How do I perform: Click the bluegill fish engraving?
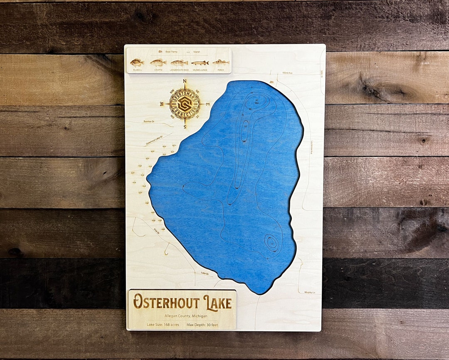point(137,62)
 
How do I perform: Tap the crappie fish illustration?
point(158,62)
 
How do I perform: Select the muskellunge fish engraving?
point(200,63)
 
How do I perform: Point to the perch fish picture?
point(221,62)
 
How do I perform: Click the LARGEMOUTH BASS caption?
point(179,70)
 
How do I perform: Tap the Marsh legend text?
point(196,52)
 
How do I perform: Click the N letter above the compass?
point(185,82)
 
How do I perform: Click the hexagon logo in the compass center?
point(185,104)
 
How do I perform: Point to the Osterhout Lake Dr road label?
point(153,140)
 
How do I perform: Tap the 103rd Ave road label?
point(287,73)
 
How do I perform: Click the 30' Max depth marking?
point(257,101)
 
